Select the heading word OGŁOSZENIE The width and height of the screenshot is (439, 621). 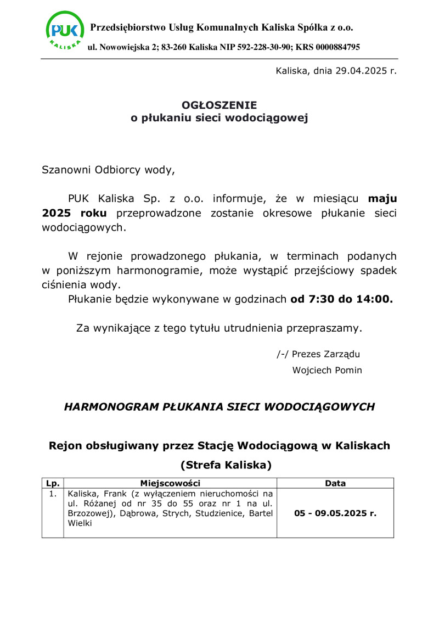pos(219,105)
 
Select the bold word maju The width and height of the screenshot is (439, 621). pos(382,198)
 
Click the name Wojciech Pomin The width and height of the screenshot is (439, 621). pos(327,370)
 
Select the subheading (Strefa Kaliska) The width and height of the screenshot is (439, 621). pos(226,466)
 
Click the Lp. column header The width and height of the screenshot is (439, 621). pos(53,484)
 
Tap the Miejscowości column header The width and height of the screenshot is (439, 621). pos(170,484)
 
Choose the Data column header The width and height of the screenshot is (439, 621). pos(335,484)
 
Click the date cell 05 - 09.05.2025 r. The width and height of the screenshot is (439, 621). pos(335,514)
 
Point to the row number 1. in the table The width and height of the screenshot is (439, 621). pos(53,494)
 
